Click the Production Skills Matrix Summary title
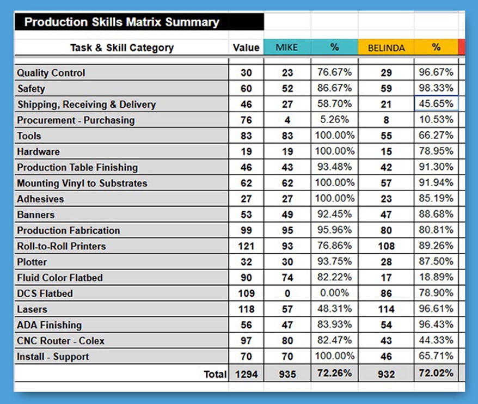pos(121,22)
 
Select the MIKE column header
pos(286,47)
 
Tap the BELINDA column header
pos(386,48)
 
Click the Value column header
pos(246,47)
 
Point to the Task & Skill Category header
pos(122,47)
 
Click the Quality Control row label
pos(51,73)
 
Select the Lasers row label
pos(32,309)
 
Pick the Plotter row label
pos(32,262)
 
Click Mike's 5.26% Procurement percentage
pos(334,120)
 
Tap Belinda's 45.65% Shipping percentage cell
pos(436,104)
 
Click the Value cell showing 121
pos(246,246)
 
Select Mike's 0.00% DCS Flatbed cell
pos(334,293)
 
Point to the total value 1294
pos(246,374)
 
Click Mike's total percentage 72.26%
pos(334,374)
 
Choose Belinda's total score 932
pos(386,374)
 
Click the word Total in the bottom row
pos(215,374)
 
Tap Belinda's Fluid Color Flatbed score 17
pos(386,278)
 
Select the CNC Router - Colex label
pos(61,341)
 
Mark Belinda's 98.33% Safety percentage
pos(436,88)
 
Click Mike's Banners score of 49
pos(287,215)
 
